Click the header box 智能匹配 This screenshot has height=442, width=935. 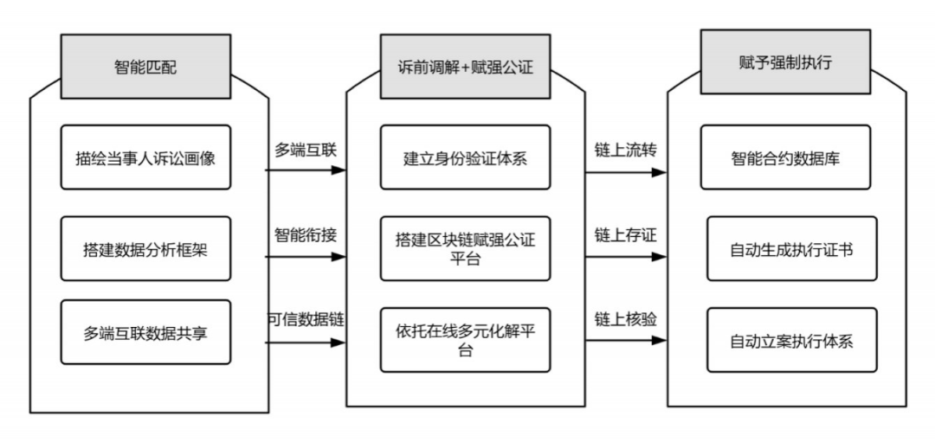(x=145, y=66)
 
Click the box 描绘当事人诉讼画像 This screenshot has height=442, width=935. (x=145, y=157)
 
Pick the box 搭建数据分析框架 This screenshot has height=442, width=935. (x=145, y=248)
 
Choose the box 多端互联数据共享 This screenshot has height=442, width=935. (x=145, y=331)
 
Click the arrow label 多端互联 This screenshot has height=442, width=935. (x=305, y=149)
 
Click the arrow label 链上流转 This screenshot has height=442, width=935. (x=624, y=149)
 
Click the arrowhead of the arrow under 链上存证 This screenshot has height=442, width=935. (x=661, y=257)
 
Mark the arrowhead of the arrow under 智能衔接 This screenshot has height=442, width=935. (x=340, y=257)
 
